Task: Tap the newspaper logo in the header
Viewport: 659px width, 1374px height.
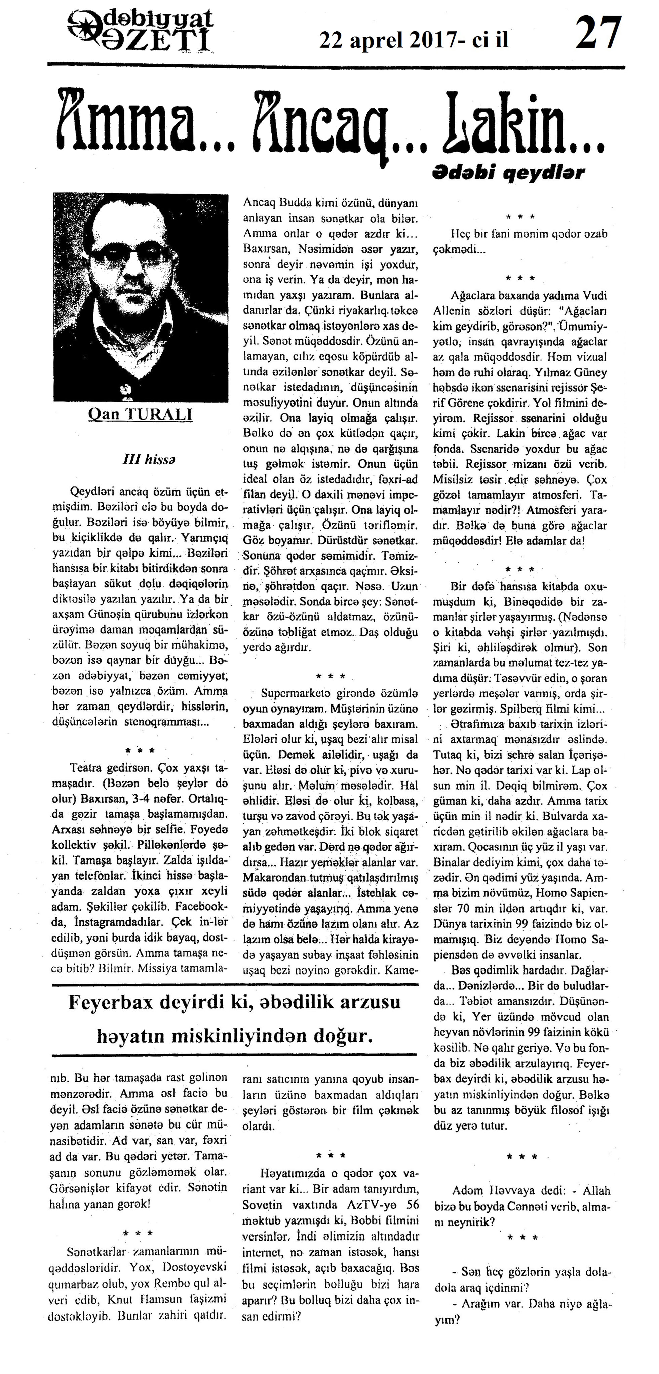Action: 141,32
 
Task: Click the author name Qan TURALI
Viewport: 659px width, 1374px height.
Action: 140,415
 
